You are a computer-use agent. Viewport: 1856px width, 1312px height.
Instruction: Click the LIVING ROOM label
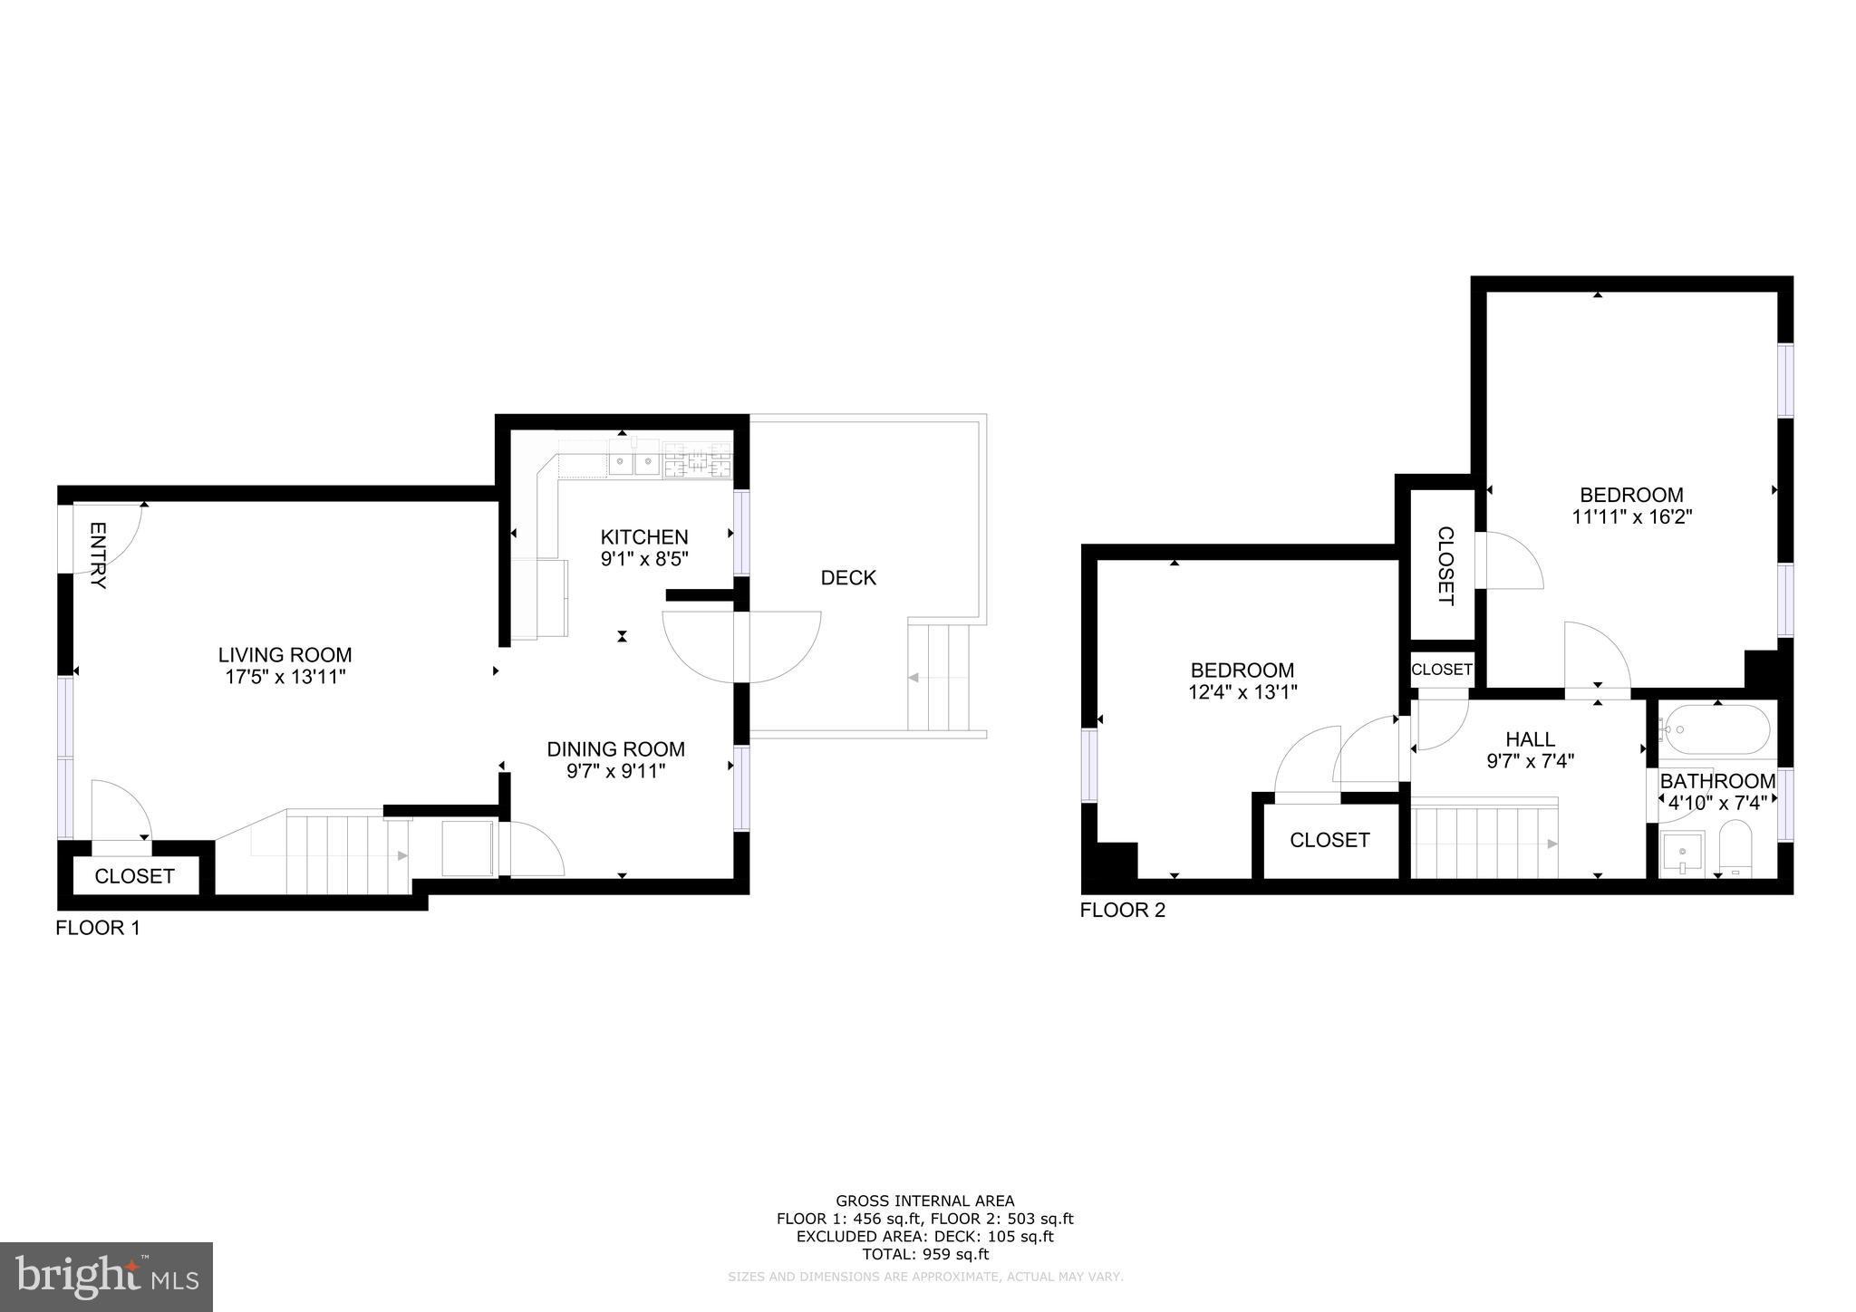pos(285,654)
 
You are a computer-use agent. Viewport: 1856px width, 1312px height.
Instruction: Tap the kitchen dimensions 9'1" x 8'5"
pos(644,559)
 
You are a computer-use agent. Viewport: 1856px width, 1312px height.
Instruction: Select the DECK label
pos(848,577)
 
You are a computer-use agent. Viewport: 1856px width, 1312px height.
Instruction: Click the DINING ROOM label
pos(615,748)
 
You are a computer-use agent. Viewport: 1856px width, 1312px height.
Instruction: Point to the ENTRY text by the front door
pos(98,555)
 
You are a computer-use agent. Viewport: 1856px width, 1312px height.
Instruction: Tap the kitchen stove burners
pos(697,461)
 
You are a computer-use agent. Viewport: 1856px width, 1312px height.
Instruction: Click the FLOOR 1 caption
pos(98,928)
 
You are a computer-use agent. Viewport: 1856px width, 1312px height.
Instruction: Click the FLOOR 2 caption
pos(1122,910)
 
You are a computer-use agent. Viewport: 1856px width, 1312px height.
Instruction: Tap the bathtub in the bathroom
pos(1716,730)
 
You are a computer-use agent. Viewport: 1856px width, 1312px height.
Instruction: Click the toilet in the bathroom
pos(1736,850)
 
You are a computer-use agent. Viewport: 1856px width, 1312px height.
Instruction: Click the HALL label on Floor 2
pos(1530,738)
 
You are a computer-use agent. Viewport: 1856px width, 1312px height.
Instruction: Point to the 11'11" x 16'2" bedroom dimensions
pos(1631,517)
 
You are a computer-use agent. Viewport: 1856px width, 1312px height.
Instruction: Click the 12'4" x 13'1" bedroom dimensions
pos(1242,692)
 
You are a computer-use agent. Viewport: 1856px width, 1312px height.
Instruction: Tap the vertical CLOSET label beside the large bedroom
pos(1445,565)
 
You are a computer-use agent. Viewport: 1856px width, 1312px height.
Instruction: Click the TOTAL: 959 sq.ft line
pos(924,1254)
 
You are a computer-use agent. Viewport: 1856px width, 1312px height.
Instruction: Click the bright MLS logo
pos(107,1277)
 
